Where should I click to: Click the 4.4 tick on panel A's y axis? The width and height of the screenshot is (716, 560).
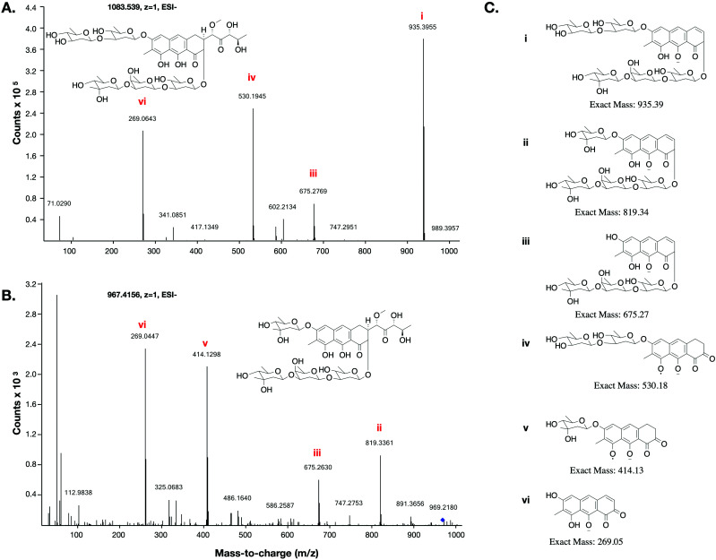30,7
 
